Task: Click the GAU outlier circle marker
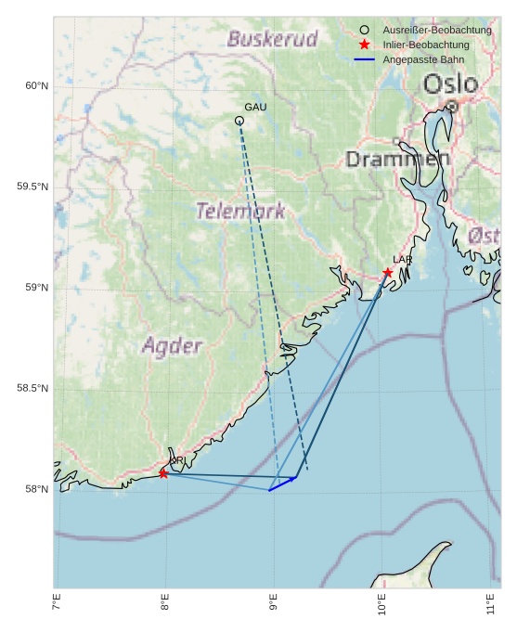(x=239, y=121)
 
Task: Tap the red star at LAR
(x=388, y=272)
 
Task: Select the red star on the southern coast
(x=163, y=473)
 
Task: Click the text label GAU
(x=255, y=108)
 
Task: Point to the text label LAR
(x=402, y=260)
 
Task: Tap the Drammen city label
(x=397, y=159)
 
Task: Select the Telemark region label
(x=240, y=211)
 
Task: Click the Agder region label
(x=172, y=346)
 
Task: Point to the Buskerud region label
(x=272, y=39)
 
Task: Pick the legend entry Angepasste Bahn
(x=423, y=59)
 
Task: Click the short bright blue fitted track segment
(x=282, y=484)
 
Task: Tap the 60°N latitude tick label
(x=36, y=86)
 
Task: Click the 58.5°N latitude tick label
(x=32, y=388)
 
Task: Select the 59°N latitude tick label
(x=36, y=288)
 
